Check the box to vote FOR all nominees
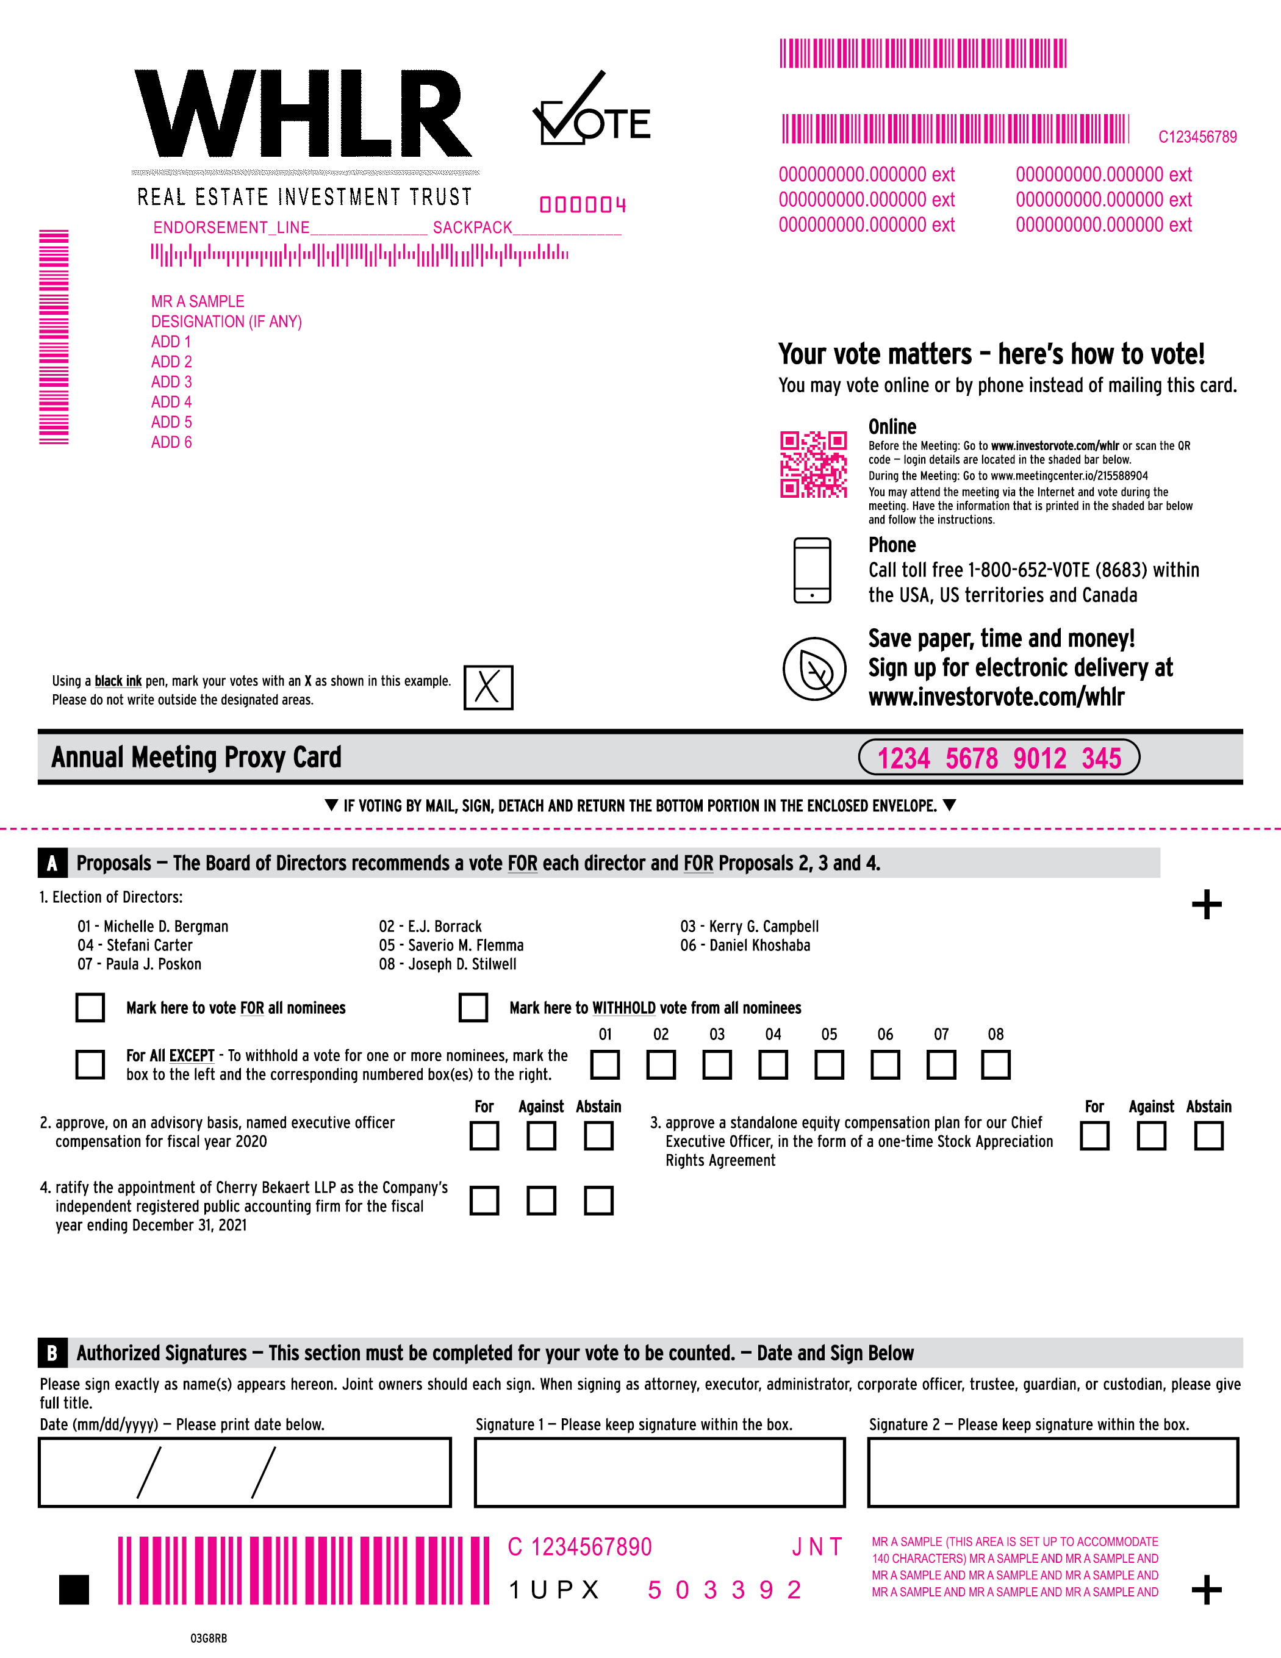(x=90, y=1007)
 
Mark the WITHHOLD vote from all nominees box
(x=473, y=1007)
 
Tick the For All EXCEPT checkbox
(x=90, y=1064)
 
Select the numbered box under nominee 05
(x=829, y=1064)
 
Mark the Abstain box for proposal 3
(x=1208, y=1136)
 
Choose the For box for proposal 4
(x=484, y=1201)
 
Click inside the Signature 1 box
(x=659, y=1472)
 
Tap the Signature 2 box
(x=1052, y=1472)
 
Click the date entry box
(x=245, y=1472)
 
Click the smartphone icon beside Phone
(x=812, y=570)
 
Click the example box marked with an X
(x=488, y=687)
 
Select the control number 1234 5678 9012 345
(x=999, y=758)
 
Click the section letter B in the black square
(x=52, y=1353)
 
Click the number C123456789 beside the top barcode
(x=1197, y=137)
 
